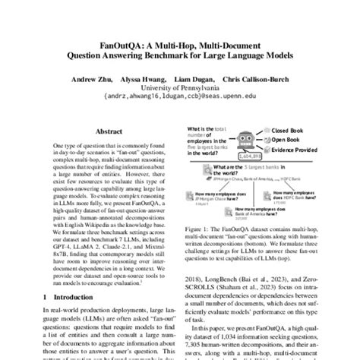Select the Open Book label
pos(286,141)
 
